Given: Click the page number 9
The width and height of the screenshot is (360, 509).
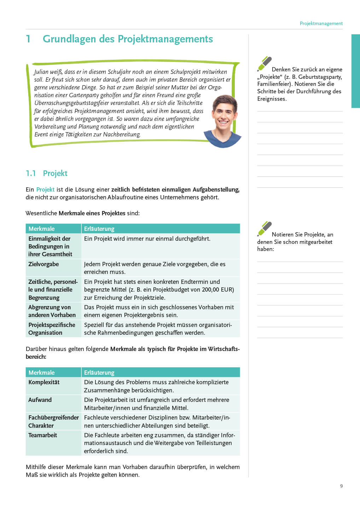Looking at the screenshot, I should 341,486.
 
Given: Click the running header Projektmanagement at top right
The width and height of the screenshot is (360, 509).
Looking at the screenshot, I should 321,23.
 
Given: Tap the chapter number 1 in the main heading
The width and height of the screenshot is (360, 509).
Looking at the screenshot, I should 28,39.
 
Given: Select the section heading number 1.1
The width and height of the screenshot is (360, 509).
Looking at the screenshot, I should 31,173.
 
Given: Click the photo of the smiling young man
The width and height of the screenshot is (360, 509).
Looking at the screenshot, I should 223,120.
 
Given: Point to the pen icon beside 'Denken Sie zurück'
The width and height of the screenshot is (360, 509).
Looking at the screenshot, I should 264,64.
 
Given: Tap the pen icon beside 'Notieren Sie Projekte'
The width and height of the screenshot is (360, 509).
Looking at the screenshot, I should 264,228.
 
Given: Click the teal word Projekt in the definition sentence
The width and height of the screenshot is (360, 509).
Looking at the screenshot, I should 45,189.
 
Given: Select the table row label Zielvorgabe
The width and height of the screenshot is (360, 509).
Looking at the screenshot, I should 43,264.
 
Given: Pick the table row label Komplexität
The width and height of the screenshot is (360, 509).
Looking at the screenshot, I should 44,382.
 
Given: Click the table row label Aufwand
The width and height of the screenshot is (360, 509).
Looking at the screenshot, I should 40,400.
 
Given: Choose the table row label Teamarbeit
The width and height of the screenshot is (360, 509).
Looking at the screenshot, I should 42,435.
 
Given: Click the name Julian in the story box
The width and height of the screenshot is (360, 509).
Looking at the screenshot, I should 41,72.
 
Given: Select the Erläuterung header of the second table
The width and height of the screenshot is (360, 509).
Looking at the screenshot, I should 99,373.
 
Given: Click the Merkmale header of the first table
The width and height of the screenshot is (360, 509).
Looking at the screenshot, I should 41,229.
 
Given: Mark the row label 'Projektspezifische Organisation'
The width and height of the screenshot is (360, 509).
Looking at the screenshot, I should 52,329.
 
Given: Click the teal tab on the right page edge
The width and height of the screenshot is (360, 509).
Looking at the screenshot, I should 355,71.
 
